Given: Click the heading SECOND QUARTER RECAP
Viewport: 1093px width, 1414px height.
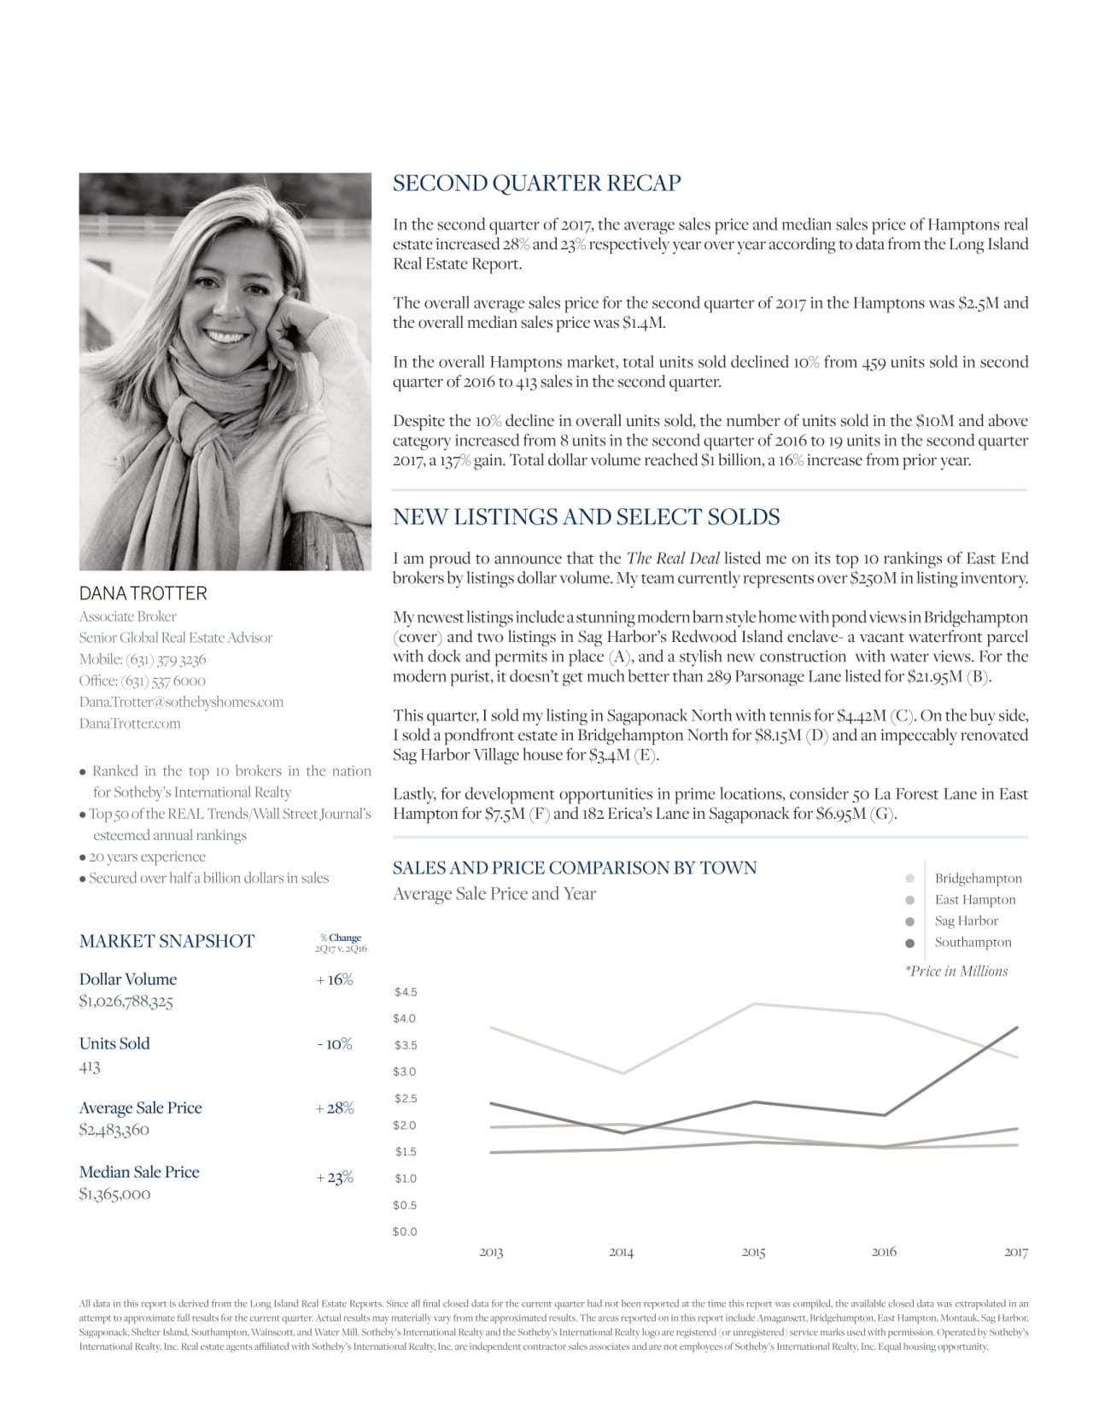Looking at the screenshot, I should point(536,184).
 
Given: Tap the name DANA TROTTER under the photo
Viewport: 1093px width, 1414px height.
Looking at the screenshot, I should point(143,593).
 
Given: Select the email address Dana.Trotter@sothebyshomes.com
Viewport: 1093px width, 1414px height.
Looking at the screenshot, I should point(181,702).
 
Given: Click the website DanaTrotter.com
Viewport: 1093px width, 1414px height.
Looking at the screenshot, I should point(130,723).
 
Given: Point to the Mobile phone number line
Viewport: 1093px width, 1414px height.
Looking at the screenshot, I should point(143,659).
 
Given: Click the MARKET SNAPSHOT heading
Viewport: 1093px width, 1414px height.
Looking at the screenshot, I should point(167,941).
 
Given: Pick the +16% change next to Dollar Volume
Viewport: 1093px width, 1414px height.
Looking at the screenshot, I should point(335,979).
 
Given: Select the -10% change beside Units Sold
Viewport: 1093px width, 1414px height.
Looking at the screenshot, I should point(335,1043).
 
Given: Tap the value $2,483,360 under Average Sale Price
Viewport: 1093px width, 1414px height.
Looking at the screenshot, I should point(114,1130).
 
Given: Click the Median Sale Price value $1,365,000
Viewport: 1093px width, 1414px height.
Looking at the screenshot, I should point(114,1194).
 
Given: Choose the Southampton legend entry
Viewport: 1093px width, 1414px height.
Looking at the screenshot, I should point(973,943).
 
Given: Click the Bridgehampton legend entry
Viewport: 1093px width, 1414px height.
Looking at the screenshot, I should point(978,879).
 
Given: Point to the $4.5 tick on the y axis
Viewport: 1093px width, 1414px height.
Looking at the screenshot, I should point(406,992).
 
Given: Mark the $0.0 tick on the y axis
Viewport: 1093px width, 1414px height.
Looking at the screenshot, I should point(406,1232).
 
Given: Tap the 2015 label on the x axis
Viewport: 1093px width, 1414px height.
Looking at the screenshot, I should point(753,1253).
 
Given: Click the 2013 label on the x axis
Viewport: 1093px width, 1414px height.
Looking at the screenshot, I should point(491,1253).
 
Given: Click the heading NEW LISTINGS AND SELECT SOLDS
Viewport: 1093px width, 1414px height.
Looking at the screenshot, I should point(586,517).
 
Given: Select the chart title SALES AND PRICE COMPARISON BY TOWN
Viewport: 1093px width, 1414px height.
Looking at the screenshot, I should point(575,868).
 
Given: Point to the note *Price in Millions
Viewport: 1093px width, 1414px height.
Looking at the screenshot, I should point(956,972).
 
